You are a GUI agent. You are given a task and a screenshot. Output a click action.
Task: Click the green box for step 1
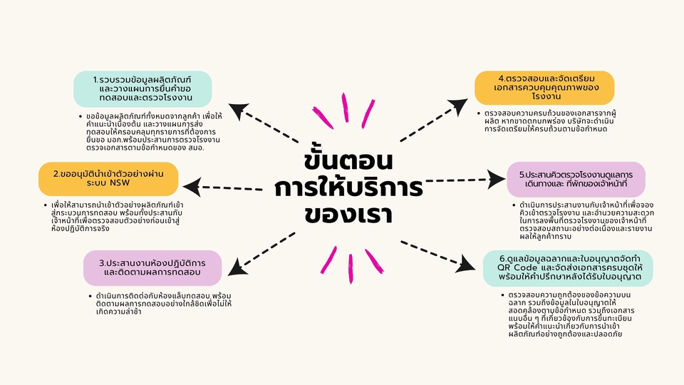pos(142,88)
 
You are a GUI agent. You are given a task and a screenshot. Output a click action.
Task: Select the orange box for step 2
pos(108,179)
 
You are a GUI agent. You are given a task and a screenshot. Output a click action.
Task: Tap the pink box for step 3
pos(154,267)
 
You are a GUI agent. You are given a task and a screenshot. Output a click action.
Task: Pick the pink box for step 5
pos(576,179)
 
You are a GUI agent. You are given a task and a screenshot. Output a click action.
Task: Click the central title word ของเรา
pos(343,215)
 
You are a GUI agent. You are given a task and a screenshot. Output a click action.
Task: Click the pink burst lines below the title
pos(346,263)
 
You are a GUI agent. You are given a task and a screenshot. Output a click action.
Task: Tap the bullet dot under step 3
pos(88,295)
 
